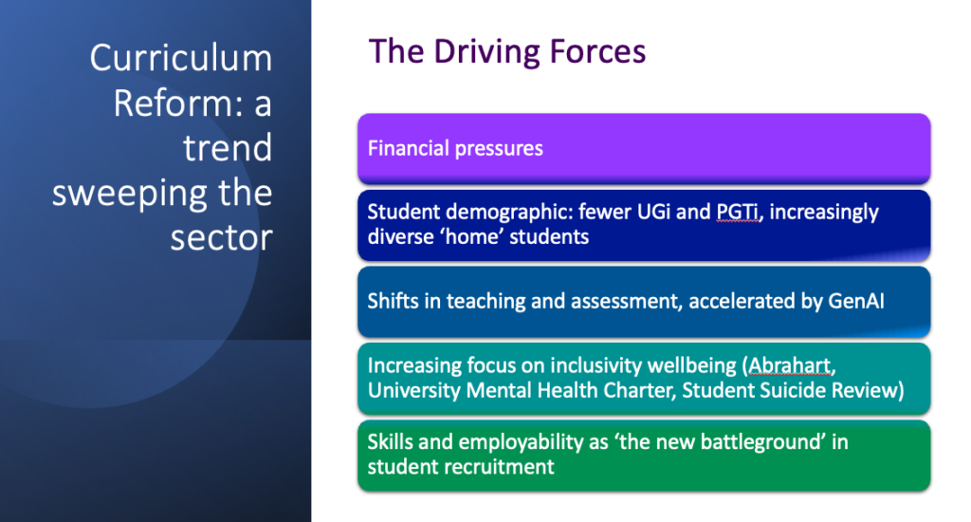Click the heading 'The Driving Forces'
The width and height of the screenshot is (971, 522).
[507, 51]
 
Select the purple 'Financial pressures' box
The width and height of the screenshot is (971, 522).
[644, 148]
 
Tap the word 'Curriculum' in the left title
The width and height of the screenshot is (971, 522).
[181, 58]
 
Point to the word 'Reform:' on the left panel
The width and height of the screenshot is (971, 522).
[177, 103]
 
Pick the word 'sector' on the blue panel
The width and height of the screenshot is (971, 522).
[222, 237]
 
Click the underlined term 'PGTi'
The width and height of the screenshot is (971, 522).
[738, 212]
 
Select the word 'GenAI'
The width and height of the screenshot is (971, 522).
[856, 301]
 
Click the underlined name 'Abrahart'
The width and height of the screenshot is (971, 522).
[790, 365]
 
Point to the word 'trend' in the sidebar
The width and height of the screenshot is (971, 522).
[228, 148]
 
